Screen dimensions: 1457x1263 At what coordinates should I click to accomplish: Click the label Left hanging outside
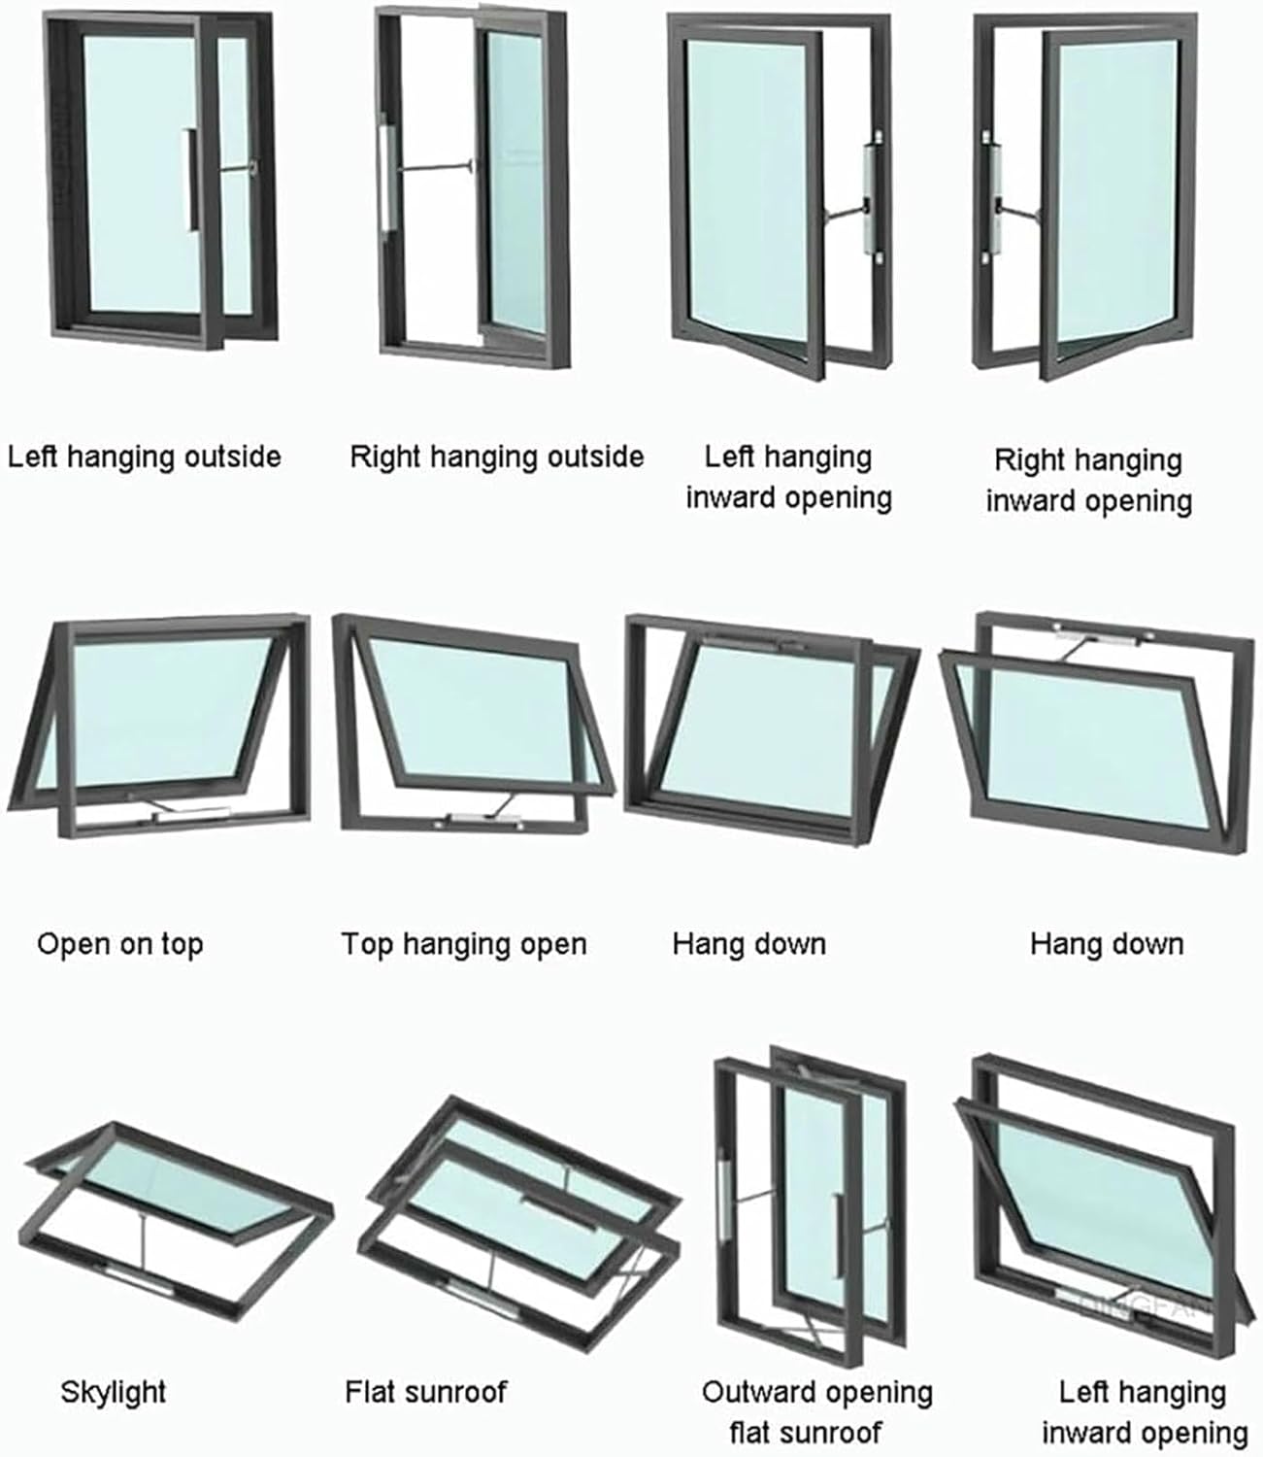pyautogui.click(x=145, y=457)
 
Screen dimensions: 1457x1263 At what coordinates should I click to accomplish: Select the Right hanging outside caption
pyautogui.click(x=496, y=457)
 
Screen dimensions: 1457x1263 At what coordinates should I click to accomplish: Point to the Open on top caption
pyautogui.click(x=120, y=944)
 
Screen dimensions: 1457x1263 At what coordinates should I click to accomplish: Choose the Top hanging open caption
pyautogui.click(x=464, y=944)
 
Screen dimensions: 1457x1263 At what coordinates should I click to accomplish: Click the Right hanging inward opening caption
pyautogui.click(x=1088, y=480)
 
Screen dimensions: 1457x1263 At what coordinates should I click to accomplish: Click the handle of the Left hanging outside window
pyautogui.click(x=193, y=181)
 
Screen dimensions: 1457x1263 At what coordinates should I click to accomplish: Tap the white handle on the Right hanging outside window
pyautogui.click(x=385, y=175)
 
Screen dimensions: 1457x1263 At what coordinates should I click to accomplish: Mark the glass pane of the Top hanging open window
pyautogui.click(x=476, y=714)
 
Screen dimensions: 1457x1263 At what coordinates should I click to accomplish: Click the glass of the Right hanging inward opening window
pyautogui.click(x=1116, y=194)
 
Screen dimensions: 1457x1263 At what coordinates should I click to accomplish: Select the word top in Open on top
pyautogui.click(x=182, y=945)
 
